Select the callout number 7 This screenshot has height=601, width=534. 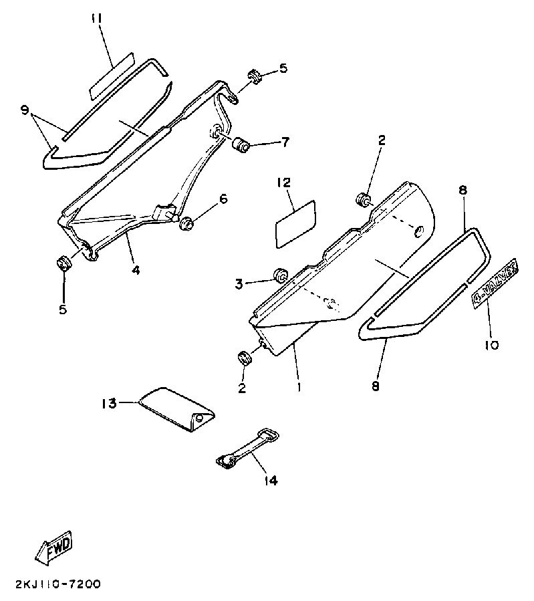point(285,142)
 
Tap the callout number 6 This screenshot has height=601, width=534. point(223,199)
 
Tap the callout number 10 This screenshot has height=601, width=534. point(493,346)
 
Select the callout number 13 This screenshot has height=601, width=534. point(108,404)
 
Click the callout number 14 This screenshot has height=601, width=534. point(272,480)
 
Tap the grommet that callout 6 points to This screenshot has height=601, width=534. point(187,223)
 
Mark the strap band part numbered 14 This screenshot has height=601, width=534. point(247,447)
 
